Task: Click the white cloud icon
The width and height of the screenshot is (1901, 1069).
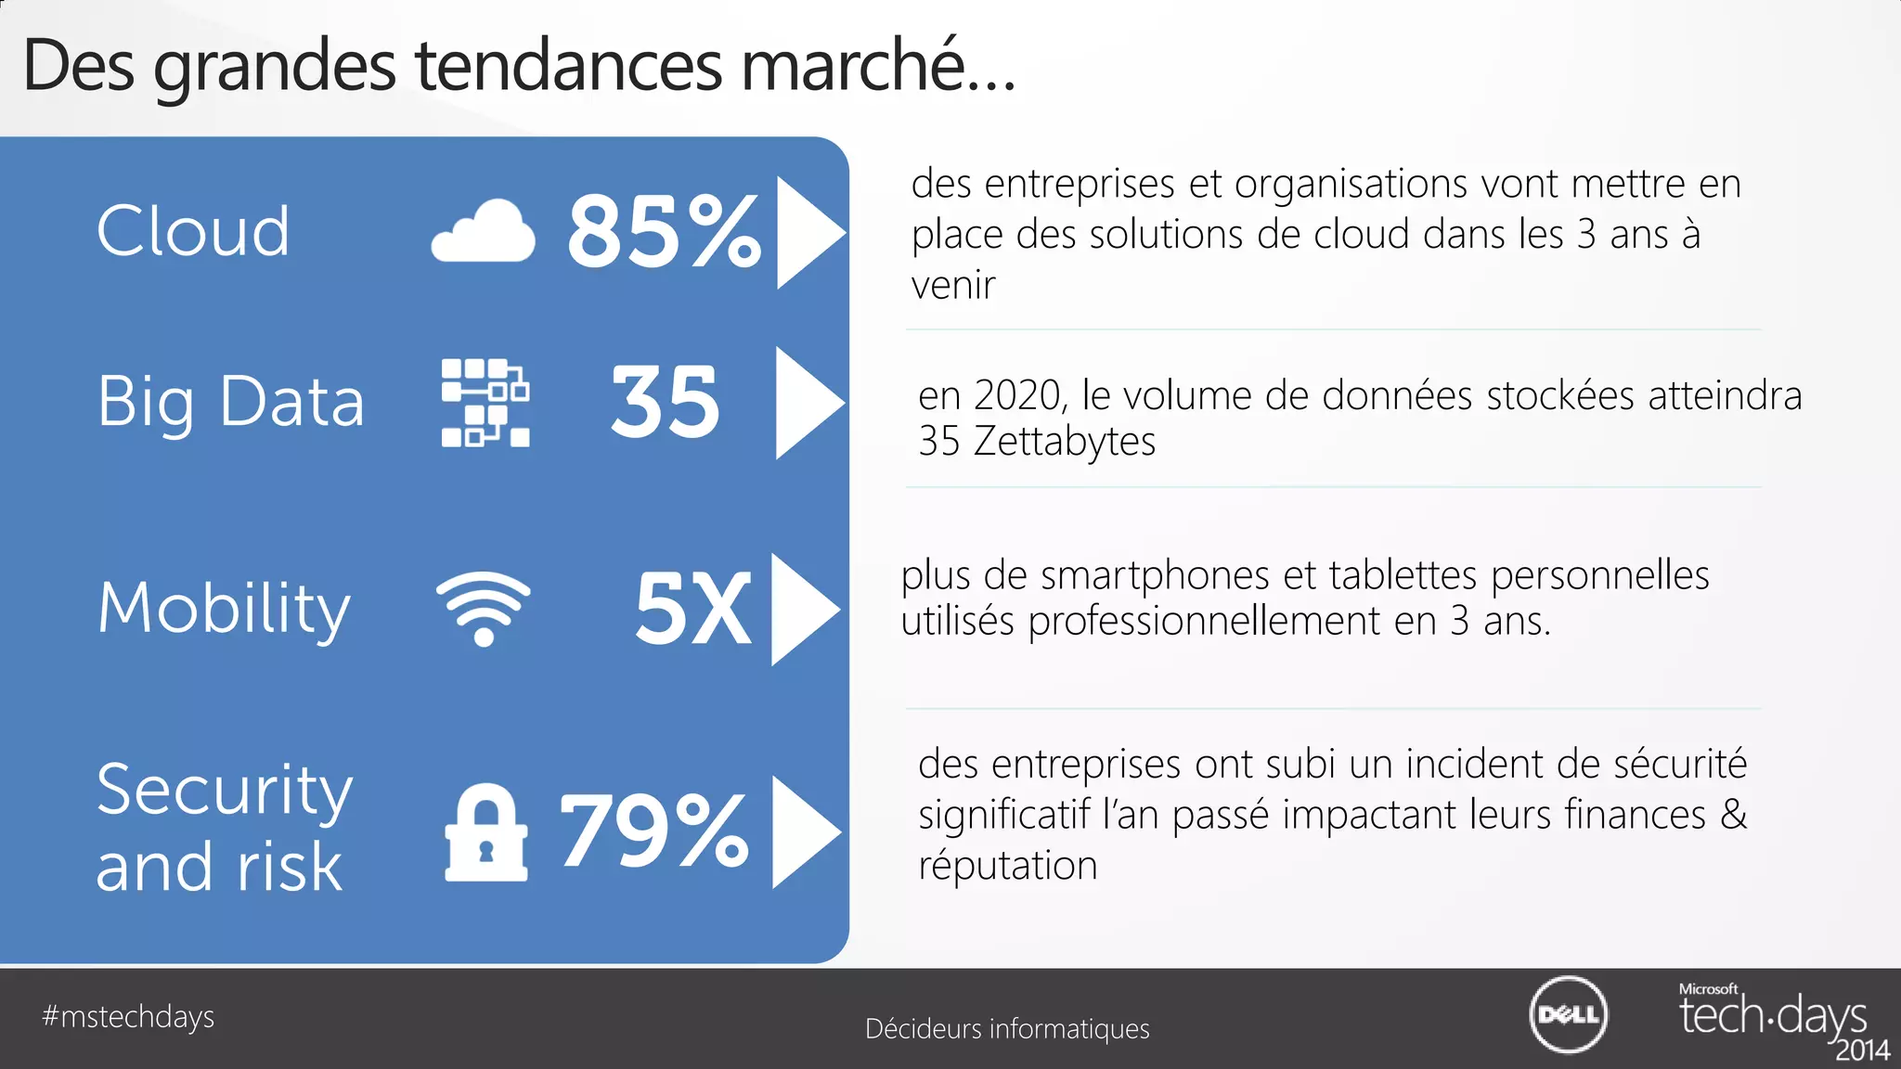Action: point(484,232)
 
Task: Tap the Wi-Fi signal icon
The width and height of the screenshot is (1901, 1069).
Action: point(484,608)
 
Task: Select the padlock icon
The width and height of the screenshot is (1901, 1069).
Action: point(486,833)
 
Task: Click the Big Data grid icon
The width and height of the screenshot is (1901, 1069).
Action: point(485,403)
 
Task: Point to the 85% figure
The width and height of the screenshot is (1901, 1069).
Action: point(664,232)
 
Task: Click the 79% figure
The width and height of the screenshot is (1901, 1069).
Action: point(653,831)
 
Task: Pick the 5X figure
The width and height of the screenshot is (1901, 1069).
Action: point(692,609)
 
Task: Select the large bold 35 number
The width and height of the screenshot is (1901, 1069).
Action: point(665,402)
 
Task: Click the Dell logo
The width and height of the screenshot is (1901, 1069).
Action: point(1568,1014)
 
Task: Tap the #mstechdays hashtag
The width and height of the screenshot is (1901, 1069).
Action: point(128,1017)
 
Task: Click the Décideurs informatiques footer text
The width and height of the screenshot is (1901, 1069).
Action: point(1007,1029)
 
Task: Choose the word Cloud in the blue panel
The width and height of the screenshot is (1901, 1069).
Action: point(193,231)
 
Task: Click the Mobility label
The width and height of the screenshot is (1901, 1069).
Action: point(224,609)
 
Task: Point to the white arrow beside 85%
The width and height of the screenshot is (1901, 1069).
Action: point(808,232)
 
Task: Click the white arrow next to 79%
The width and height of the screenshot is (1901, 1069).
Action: point(804,831)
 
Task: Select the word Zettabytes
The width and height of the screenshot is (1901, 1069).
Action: point(1064,442)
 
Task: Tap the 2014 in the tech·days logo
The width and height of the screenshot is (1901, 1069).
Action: point(1862,1050)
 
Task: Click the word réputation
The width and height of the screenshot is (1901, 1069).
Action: point(1008,866)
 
